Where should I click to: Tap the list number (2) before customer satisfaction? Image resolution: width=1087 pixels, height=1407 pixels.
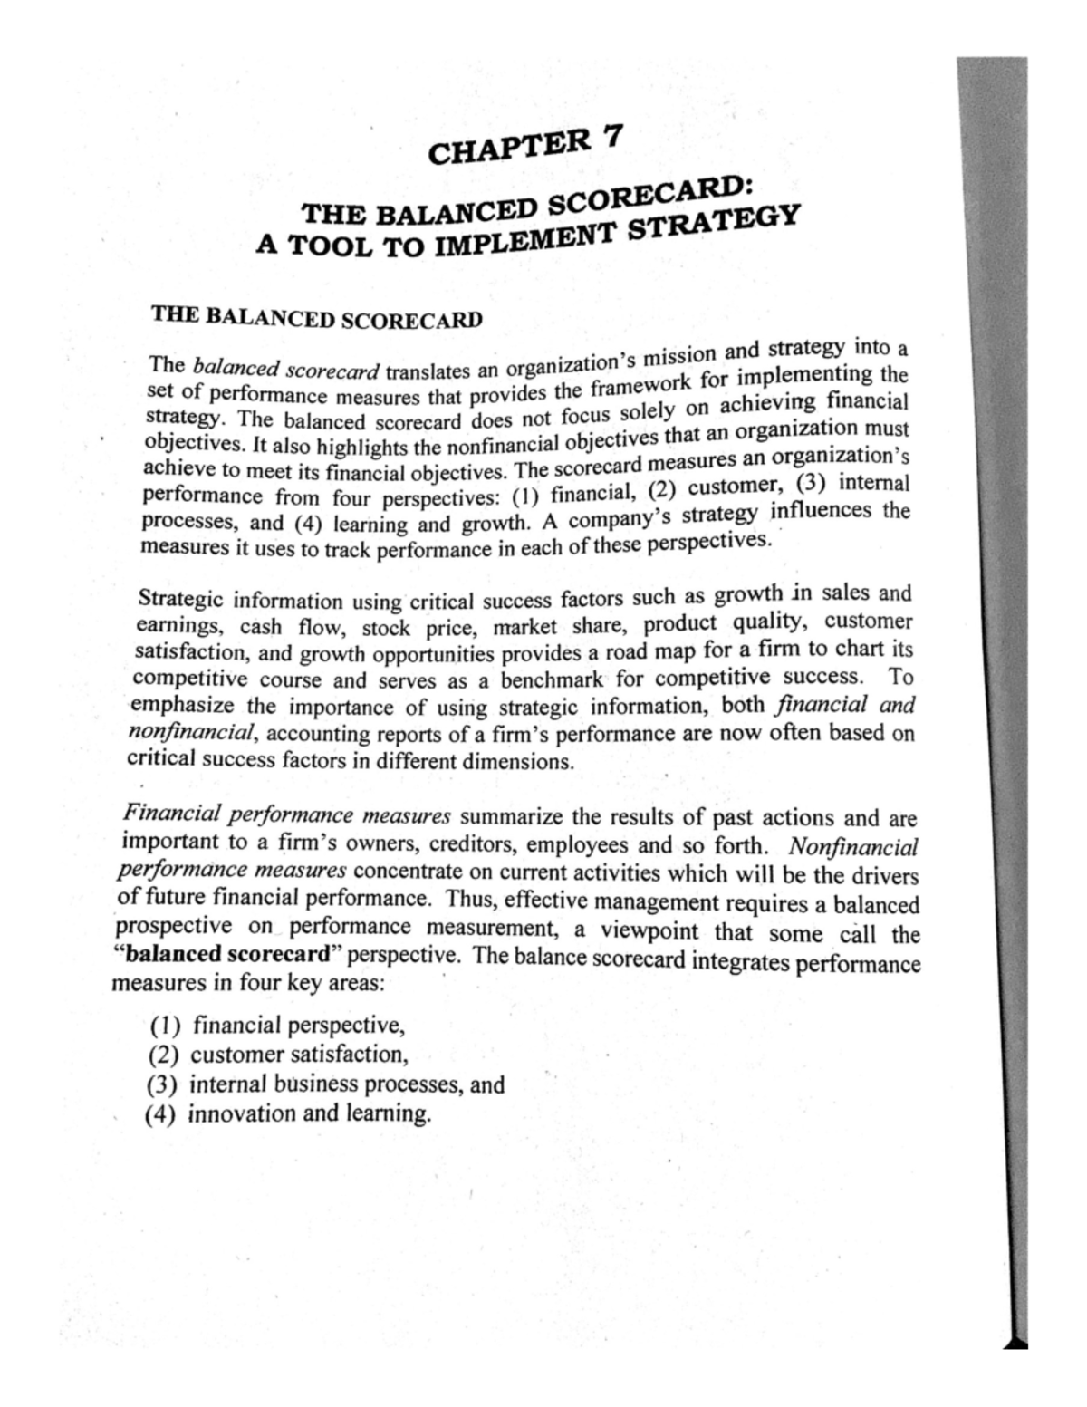(164, 1055)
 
